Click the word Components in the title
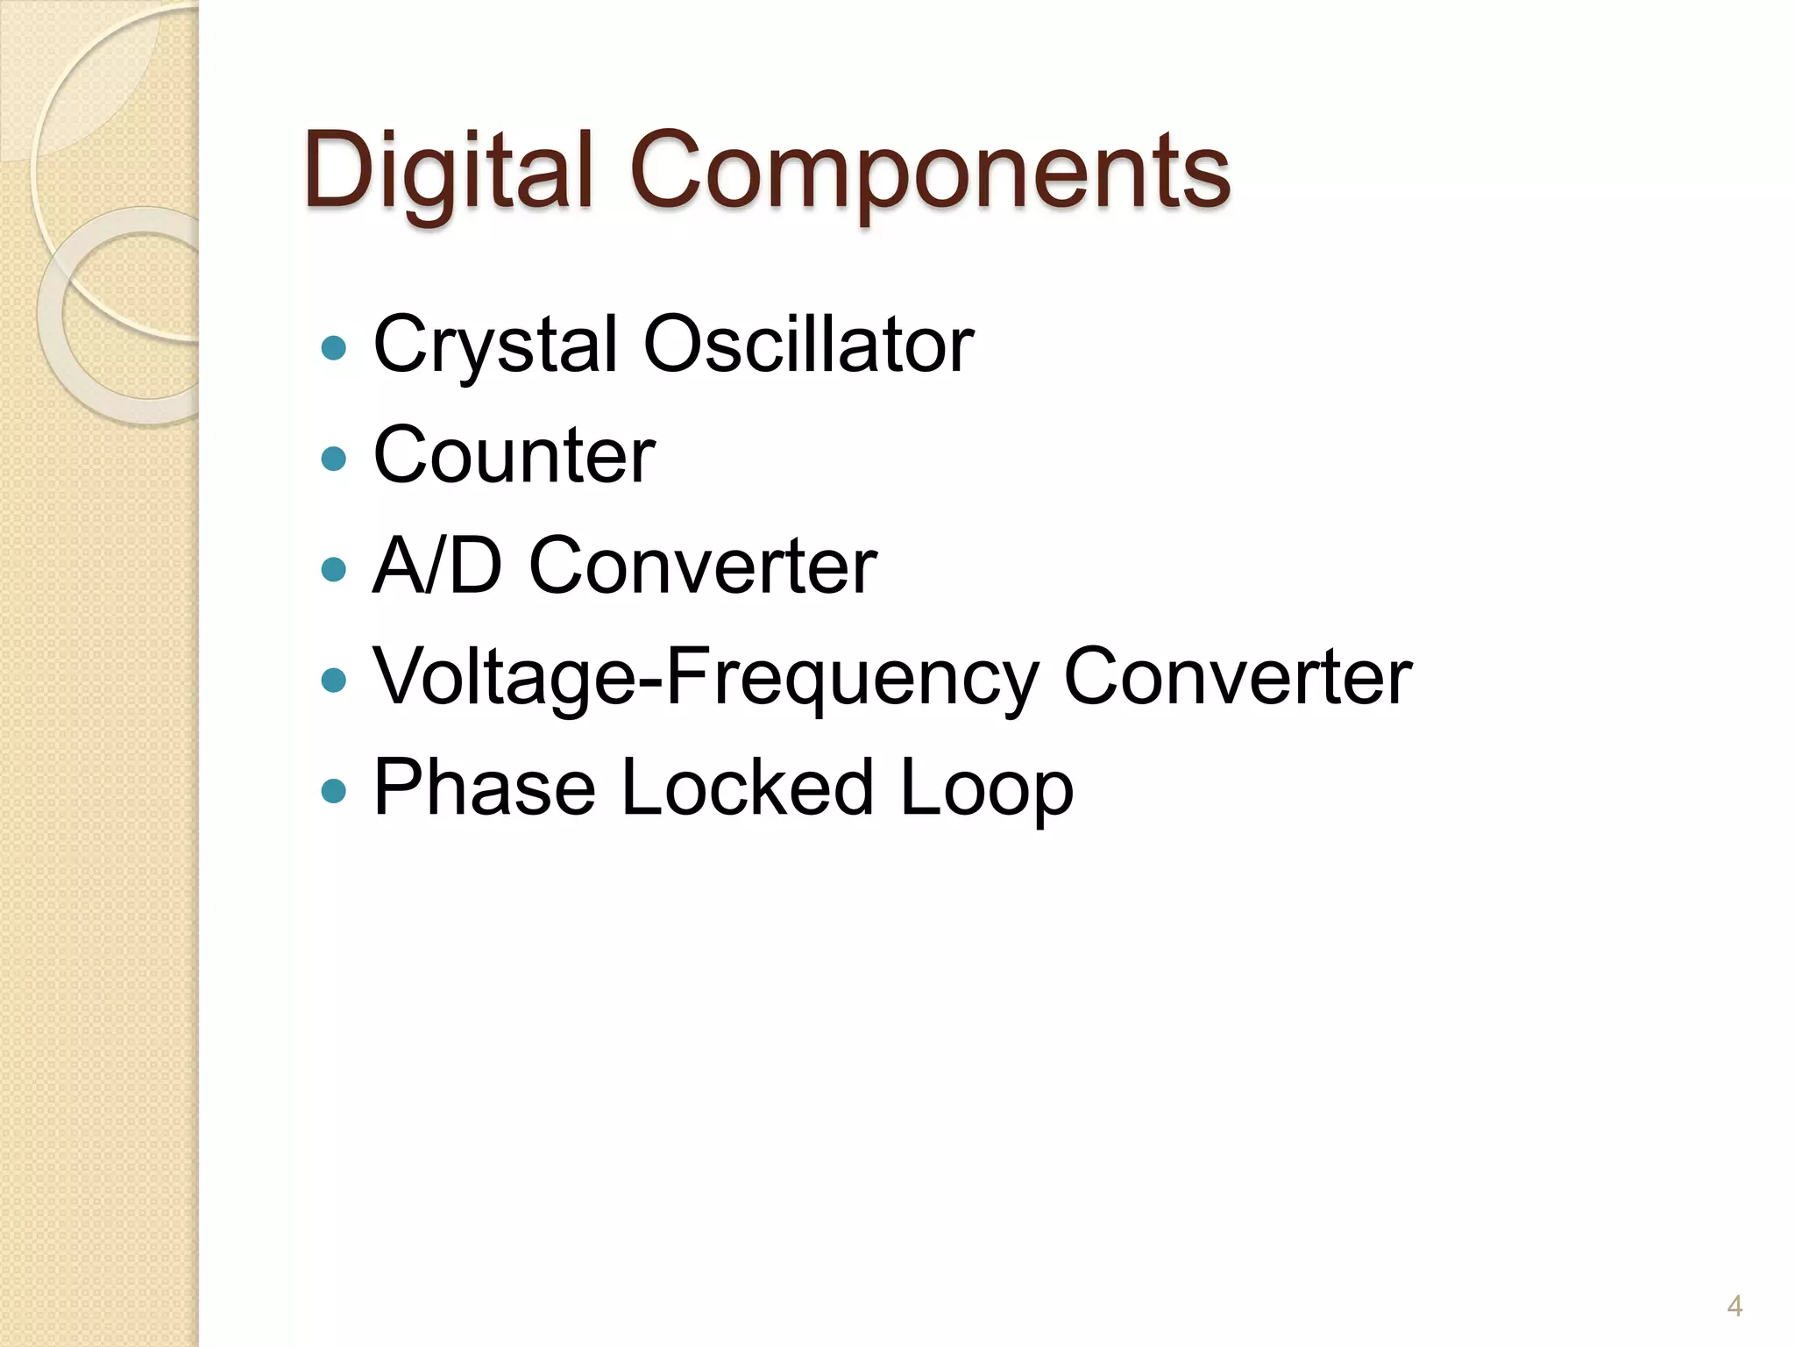930,171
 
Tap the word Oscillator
808,345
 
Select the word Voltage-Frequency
706,678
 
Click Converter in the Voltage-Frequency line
1238,678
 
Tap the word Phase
485,788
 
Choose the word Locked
748,788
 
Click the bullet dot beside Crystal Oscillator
334,348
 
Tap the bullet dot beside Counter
334,459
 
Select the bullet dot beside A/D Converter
334,570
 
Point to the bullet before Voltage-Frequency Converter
334,681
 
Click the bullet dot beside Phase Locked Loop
334,792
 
